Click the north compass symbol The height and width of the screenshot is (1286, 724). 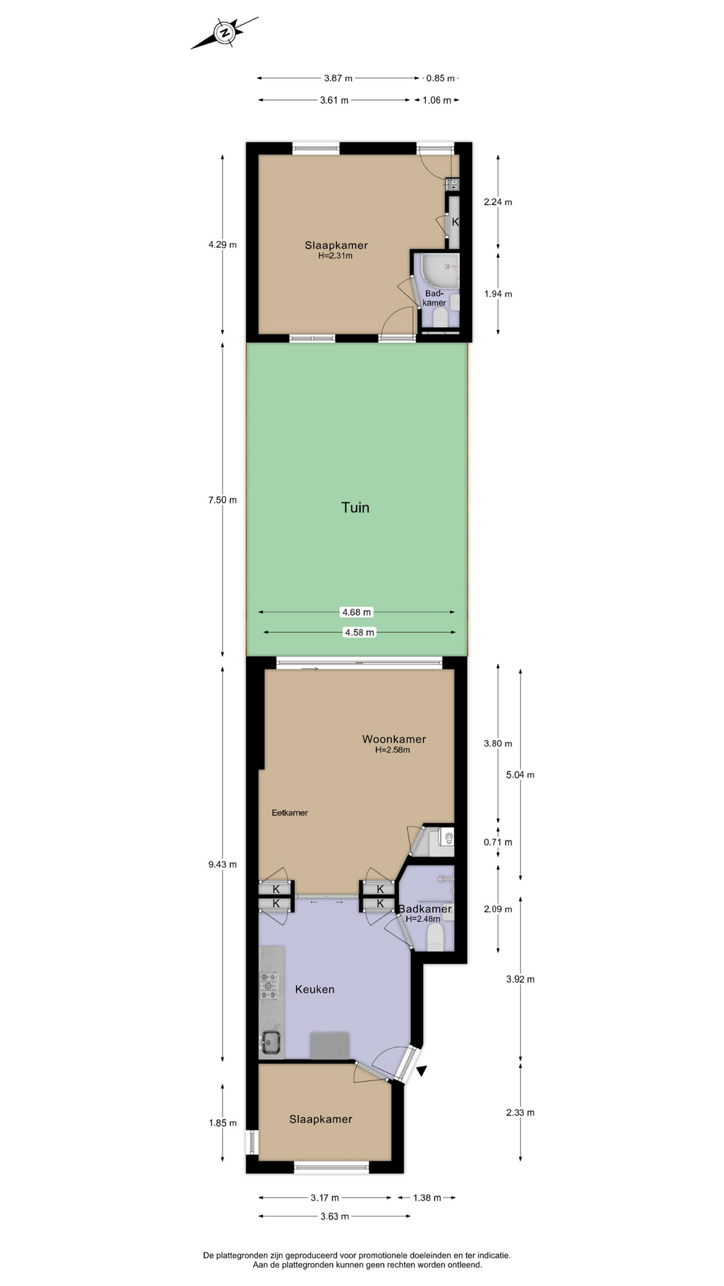(x=225, y=32)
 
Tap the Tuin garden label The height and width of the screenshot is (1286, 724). (x=355, y=508)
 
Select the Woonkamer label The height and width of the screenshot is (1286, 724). (x=394, y=739)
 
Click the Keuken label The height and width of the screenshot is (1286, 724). (x=314, y=989)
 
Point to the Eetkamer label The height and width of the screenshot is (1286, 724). (x=290, y=812)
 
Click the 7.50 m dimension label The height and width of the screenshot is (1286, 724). (x=223, y=500)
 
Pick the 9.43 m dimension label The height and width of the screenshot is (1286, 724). (x=223, y=864)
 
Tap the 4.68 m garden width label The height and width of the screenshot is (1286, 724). (x=357, y=612)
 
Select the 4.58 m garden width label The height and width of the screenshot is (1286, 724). (x=359, y=632)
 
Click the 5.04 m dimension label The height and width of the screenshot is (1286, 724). (x=520, y=775)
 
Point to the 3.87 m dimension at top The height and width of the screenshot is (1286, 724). (x=338, y=78)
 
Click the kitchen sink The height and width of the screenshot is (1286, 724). (x=271, y=1041)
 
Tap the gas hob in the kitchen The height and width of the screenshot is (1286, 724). (x=269, y=985)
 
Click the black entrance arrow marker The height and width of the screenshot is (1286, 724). (x=422, y=1071)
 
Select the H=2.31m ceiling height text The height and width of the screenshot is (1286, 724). (x=335, y=255)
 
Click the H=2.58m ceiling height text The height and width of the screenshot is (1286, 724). (x=393, y=749)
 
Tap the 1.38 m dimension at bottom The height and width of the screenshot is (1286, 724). (x=426, y=1198)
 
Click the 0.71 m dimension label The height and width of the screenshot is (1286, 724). (x=498, y=842)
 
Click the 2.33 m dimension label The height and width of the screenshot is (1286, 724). (x=520, y=1113)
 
